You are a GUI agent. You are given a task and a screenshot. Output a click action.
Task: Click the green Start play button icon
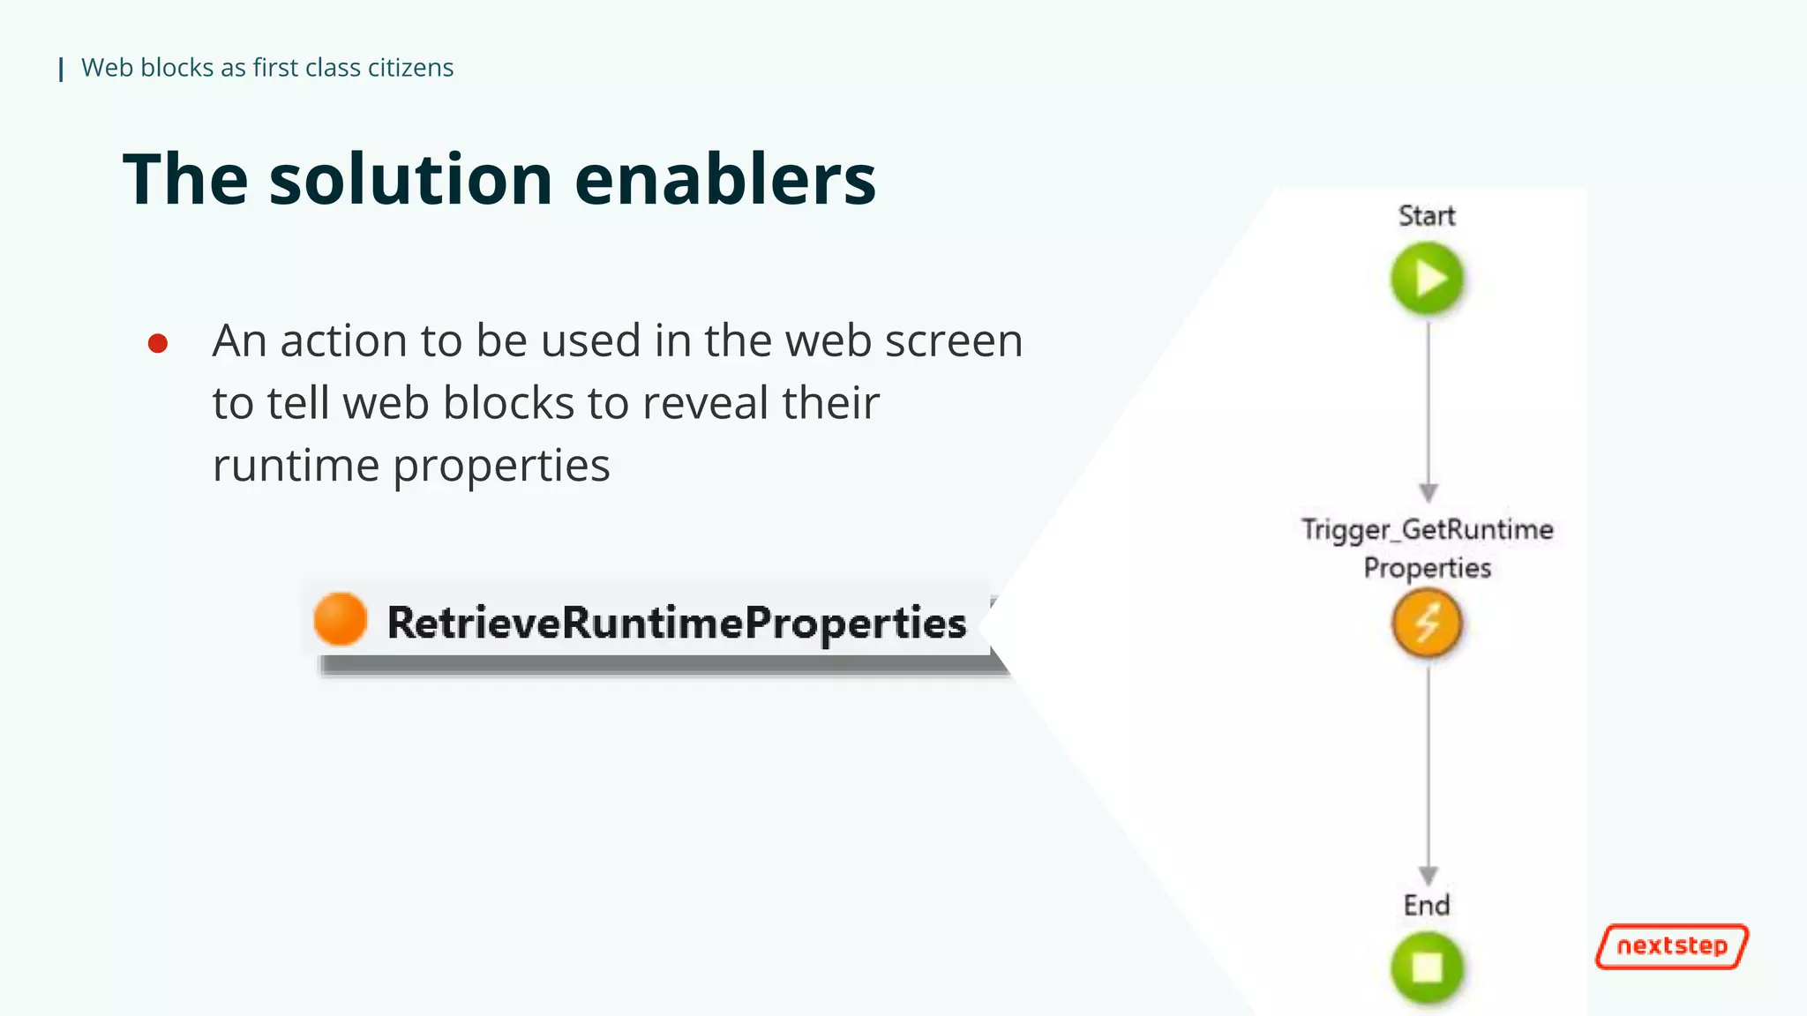(x=1427, y=279)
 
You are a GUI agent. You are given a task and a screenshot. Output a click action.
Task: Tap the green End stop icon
(x=1427, y=967)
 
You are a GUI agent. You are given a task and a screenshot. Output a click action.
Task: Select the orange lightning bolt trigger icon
(x=1427, y=624)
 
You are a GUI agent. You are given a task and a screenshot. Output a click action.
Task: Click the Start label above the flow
(x=1427, y=216)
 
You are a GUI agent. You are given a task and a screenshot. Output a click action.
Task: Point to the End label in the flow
(x=1427, y=906)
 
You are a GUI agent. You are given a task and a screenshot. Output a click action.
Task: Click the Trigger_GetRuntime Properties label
(x=1427, y=548)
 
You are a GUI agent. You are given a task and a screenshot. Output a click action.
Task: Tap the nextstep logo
(x=1671, y=946)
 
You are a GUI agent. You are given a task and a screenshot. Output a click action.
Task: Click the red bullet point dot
(x=158, y=343)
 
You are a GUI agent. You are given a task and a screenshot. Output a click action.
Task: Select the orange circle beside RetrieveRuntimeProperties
(x=340, y=619)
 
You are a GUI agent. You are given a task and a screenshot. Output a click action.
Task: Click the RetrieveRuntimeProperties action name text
(x=677, y=623)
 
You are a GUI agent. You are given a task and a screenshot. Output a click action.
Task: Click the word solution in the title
(x=410, y=179)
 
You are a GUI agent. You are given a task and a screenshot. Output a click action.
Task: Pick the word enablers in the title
(x=725, y=179)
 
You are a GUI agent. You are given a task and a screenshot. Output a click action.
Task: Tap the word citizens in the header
(x=410, y=68)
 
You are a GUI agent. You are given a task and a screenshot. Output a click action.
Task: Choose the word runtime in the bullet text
(x=296, y=466)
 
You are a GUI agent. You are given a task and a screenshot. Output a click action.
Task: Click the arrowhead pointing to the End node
(x=1428, y=875)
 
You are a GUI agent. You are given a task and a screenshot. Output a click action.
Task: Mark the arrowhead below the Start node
(x=1428, y=492)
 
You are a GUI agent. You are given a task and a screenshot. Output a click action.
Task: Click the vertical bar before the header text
(x=61, y=69)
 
